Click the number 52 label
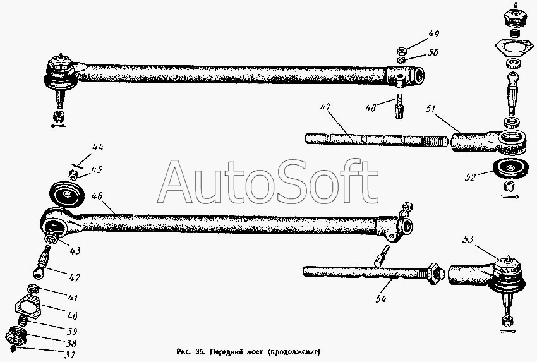(x=468, y=178)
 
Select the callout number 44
(x=97, y=148)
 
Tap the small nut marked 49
(x=402, y=50)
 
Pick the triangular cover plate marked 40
(x=30, y=308)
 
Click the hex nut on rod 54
(x=434, y=274)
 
